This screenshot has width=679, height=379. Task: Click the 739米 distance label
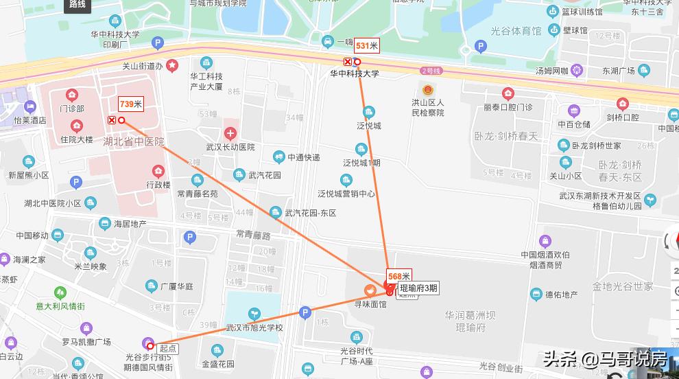pyautogui.click(x=130, y=104)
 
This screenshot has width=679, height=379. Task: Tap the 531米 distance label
pyautogui.click(x=366, y=46)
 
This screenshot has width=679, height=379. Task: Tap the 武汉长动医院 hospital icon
pyautogui.click(x=230, y=133)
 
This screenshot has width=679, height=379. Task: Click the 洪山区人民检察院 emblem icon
pyautogui.click(x=428, y=90)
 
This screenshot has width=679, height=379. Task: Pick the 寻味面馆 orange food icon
pyautogui.click(x=370, y=290)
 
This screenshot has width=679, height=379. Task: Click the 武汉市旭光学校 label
pyautogui.click(x=255, y=328)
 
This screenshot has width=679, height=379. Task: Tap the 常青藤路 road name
pyautogui.click(x=253, y=235)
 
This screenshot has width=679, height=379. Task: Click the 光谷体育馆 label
pyautogui.click(x=516, y=31)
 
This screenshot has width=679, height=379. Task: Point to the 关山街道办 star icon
pyautogui.click(x=173, y=66)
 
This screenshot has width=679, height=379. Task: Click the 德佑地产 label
pyautogui.click(x=562, y=295)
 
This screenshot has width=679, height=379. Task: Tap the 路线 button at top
pyautogui.click(x=78, y=5)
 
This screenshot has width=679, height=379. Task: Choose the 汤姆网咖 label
pyautogui.click(x=551, y=70)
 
